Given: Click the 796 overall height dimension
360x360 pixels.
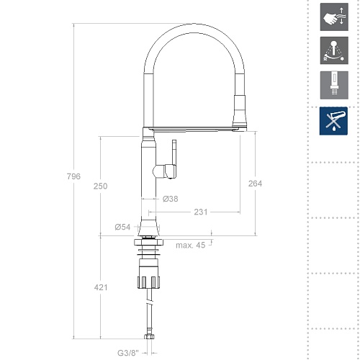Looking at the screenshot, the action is (73, 176).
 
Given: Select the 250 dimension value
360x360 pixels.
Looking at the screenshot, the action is (100, 186).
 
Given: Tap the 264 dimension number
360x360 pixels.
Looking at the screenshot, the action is (255, 184).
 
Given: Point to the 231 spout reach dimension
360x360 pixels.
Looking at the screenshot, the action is (201, 212).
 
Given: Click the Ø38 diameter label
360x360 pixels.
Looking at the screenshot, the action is (171, 199).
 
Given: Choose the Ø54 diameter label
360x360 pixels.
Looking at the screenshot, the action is (122, 227).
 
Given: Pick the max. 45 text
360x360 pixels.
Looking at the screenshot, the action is (191, 246).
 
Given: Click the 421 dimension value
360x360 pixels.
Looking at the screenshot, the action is (101, 287).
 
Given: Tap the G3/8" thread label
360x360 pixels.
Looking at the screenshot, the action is (128, 353).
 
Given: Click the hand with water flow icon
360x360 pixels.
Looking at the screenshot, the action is (334, 17).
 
